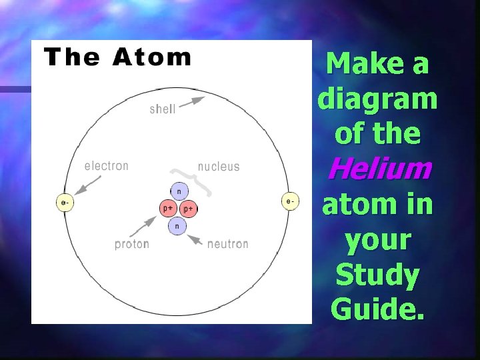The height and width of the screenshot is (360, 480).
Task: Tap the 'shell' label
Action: tap(163, 109)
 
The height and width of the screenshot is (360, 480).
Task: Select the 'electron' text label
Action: tap(107, 165)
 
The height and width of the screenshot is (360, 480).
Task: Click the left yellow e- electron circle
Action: tap(64, 201)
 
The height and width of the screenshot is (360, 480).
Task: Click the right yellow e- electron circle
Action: tap(289, 201)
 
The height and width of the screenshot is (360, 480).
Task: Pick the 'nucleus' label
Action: tap(219, 166)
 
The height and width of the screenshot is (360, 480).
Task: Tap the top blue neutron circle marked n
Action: tap(178, 192)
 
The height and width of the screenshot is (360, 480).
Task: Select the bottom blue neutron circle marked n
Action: tap(177, 226)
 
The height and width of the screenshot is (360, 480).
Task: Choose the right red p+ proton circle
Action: tap(188, 209)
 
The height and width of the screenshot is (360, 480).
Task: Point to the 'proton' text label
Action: tap(132, 244)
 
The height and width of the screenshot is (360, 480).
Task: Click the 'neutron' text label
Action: tap(227, 244)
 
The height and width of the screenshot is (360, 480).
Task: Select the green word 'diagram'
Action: tap(378, 99)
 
